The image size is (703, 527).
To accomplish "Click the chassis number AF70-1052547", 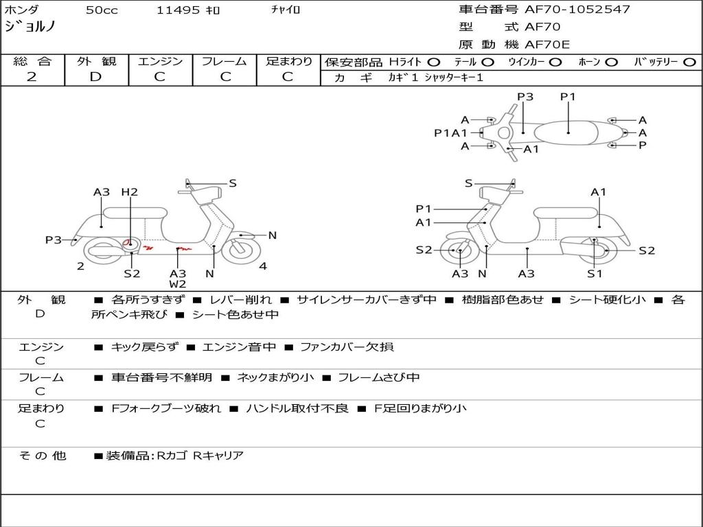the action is (x=577, y=10).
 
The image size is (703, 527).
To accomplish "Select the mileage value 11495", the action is (x=178, y=10).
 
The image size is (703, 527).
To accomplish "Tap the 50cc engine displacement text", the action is (x=102, y=10).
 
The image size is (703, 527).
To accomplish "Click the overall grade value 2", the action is (x=32, y=77).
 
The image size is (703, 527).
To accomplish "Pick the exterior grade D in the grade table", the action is (x=95, y=77).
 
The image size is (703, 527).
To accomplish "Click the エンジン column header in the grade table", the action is (x=160, y=62).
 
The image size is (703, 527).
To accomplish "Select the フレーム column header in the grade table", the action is (x=224, y=62).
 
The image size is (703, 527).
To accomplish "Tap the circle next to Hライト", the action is (x=434, y=62).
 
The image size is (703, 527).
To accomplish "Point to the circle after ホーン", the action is (x=611, y=62).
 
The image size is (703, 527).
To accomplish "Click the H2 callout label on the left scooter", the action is (x=130, y=192).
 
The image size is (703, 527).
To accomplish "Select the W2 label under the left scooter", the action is (x=178, y=284).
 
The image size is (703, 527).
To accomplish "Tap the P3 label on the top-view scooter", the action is (x=525, y=97).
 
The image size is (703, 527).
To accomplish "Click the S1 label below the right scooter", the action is (x=595, y=274).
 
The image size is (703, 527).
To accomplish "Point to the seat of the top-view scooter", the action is (x=568, y=130).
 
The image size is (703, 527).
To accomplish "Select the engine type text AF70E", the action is (x=547, y=45).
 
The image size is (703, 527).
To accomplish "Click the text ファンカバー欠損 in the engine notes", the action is (x=347, y=347).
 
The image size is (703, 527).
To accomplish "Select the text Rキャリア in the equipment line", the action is (x=218, y=455).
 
